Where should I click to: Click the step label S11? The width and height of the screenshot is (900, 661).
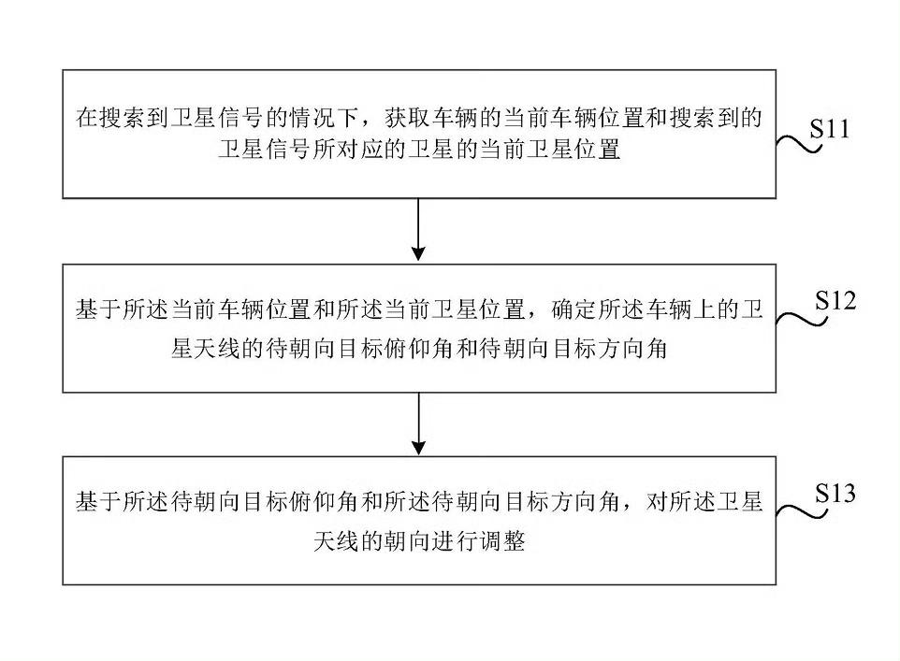click(830, 128)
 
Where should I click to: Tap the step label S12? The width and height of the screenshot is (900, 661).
click(835, 301)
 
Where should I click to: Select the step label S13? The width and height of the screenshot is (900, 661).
click(835, 494)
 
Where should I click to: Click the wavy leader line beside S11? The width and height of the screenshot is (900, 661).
click(799, 143)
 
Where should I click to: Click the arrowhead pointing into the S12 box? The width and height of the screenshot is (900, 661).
click(419, 253)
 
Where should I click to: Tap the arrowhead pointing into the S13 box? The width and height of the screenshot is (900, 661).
click(419, 447)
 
